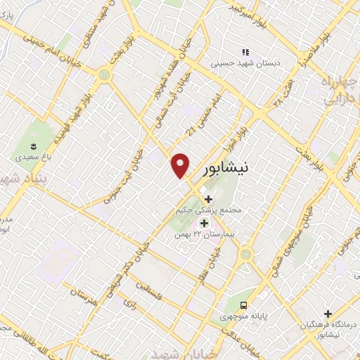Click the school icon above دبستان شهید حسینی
coord(245,52)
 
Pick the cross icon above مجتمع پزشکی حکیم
coord(207,199)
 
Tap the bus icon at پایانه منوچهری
coord(243,305)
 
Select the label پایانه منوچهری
coord(244,316)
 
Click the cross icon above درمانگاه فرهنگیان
coord(328,314)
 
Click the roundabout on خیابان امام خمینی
coord(105,73)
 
